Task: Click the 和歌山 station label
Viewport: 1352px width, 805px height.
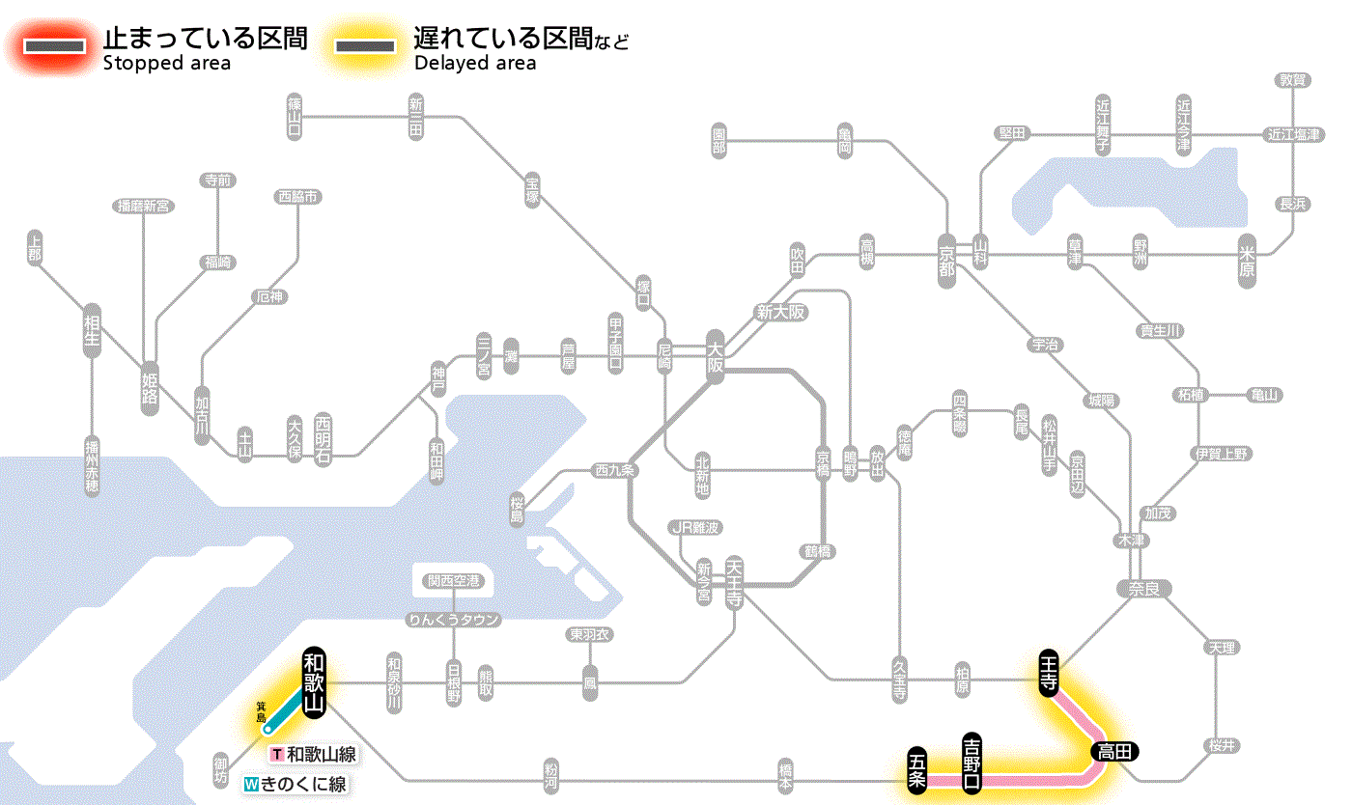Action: (x=315, y=681)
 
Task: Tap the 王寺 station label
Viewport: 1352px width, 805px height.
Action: (x=1051, y=672)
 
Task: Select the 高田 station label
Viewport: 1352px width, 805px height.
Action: (x=1116, y=751)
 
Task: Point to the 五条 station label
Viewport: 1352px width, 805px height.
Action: (x=916, y=770)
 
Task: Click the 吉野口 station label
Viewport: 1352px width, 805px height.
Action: (x=973, y=762)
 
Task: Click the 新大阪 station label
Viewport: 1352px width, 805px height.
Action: (x=780, y=312)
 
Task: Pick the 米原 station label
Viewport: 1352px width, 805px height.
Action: (x=1249, y=260)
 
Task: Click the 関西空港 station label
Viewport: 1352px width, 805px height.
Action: (x=454, y=580)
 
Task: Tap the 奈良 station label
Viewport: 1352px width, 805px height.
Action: (x=1143, y=588)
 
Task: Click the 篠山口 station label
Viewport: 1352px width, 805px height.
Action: (x=296, y=116)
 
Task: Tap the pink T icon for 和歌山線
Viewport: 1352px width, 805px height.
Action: (x=277, y=755)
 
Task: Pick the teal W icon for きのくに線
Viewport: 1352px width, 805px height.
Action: (x=251, y=784)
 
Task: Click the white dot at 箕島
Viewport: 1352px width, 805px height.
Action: (x=268, y=730)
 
